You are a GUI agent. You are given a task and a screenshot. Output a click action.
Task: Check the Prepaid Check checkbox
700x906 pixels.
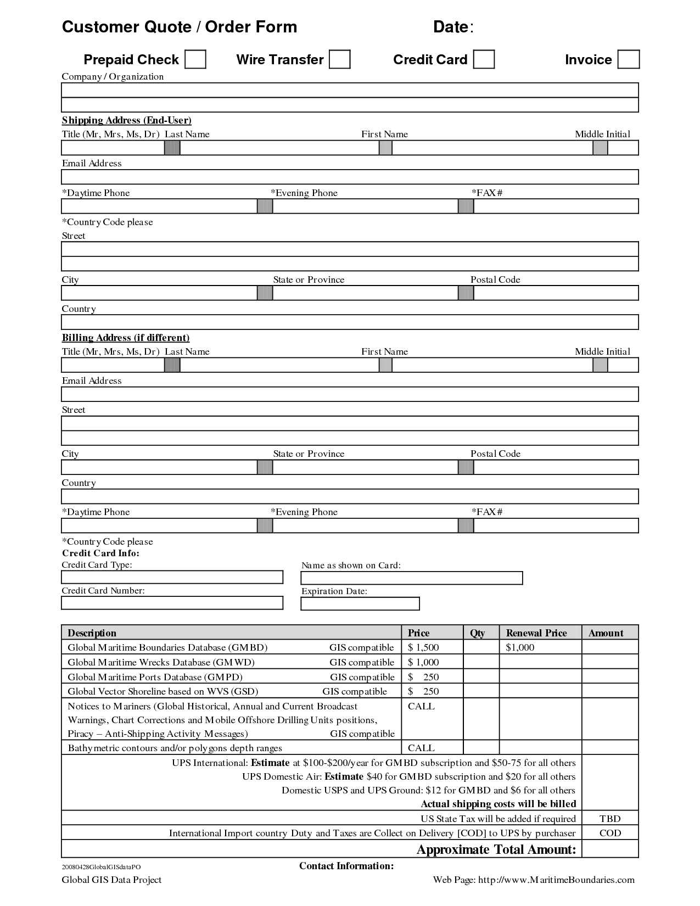pos(195,59)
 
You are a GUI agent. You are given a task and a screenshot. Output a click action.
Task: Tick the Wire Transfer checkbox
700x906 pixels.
pos(339,59)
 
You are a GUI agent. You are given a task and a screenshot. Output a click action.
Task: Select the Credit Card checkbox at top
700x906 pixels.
pos(484,59)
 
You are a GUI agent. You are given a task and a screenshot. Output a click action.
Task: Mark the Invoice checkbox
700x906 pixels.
pos(628,59)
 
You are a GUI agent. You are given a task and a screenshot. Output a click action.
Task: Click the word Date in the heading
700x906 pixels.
pos(451,27)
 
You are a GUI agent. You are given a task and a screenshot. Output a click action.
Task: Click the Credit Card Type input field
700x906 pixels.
pos(172,577)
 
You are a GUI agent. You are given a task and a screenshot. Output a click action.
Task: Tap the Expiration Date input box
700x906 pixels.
pos(360,603)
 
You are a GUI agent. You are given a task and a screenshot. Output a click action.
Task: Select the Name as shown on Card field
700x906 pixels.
pos(411,578)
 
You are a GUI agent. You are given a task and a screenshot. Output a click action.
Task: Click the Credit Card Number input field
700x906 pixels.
pos(172,603)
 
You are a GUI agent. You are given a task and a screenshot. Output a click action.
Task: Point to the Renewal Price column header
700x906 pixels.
pos(536,633)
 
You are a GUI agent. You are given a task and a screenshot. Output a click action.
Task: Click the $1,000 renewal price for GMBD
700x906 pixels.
pos(520,647)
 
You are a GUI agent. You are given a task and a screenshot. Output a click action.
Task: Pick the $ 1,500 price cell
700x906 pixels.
pos(423,647)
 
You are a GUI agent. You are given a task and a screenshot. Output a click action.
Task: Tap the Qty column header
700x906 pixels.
pos(478,633)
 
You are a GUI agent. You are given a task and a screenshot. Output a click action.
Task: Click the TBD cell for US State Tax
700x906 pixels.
pos(610,819)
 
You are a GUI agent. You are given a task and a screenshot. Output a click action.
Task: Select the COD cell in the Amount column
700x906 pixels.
pos(610,833)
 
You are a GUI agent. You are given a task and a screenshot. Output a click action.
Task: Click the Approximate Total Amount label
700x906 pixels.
pos(496,849)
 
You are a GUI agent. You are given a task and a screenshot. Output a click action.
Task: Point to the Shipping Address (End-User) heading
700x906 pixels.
pos(126,120)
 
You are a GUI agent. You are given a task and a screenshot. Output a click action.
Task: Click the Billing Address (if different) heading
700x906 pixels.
pos(125,338)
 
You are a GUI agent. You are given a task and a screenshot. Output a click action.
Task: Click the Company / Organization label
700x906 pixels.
pos(113,77)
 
